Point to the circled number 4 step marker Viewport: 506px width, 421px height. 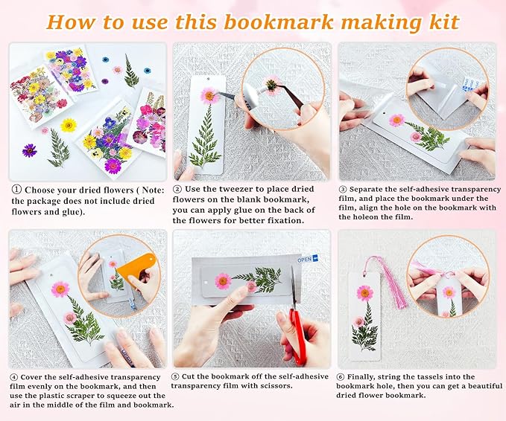[x=14, y=376]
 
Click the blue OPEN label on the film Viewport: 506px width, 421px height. [x=306, y=260]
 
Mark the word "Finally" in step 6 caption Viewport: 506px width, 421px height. [x=369, y=376]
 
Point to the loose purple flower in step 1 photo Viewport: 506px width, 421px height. [x=30, y=150]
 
